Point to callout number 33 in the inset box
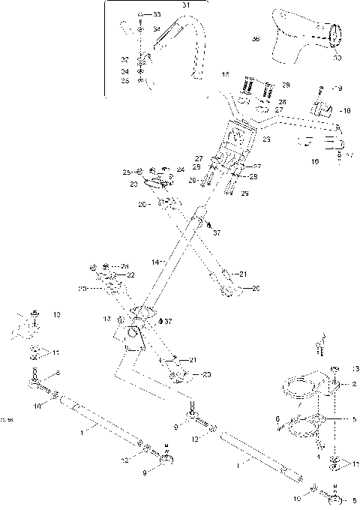(x=156, y=15)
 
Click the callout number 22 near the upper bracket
(x=130, y=275)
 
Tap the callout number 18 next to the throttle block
(x=346, y=110)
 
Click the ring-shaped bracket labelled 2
(x=304, y=387)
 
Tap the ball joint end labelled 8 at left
(x=35, y=384)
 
